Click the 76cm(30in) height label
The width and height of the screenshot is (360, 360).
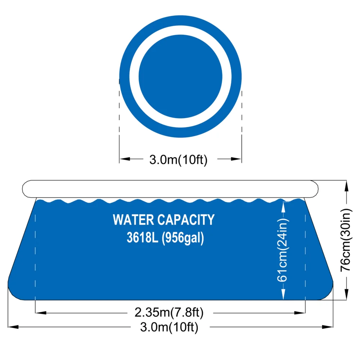346,240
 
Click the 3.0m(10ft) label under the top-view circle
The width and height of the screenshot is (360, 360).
179,159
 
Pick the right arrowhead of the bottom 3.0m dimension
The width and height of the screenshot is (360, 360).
328,327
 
